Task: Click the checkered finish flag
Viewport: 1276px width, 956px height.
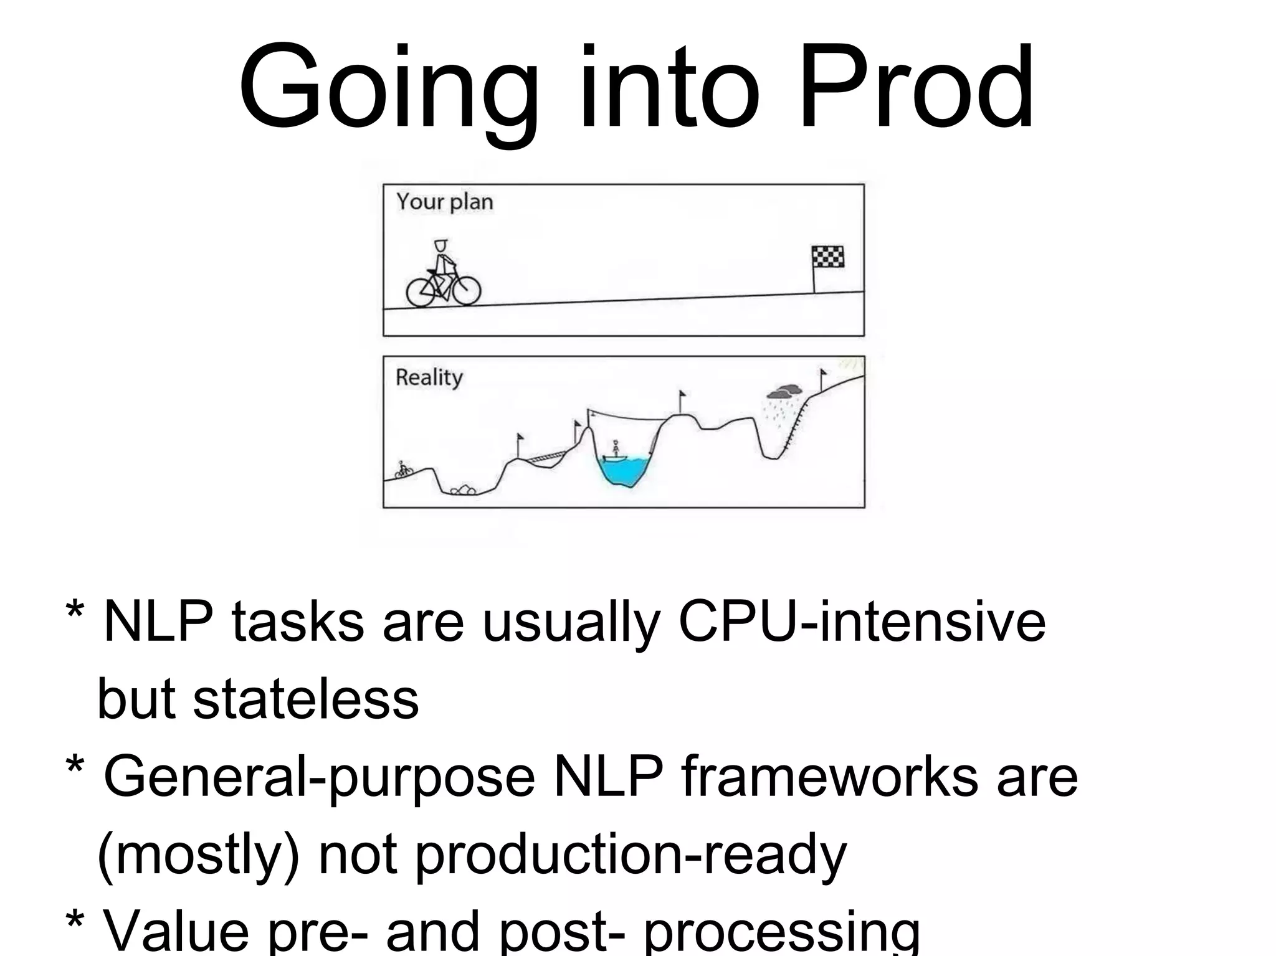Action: tap(827, 257)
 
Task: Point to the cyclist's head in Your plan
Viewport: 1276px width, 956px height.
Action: tap(441, 246)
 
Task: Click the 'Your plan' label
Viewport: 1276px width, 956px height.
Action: tap(444, 202)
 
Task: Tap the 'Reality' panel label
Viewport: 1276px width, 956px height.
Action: tap(429, 377)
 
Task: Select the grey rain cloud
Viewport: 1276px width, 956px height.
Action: tap(784, 391)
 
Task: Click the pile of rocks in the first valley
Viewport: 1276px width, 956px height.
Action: tap(463, 490)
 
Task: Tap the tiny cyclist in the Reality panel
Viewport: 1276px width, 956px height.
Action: tap(404, 469)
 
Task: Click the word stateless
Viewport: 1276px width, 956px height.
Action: tap(306, 699)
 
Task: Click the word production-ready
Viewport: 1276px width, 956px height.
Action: tap(631, 854)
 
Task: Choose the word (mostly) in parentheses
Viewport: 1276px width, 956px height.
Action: tap(198, 854)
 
